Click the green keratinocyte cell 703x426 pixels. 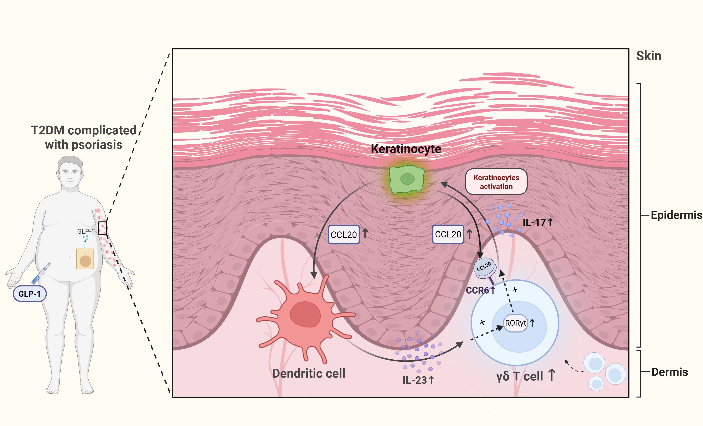click(407, 179)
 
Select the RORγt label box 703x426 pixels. click(515, 323)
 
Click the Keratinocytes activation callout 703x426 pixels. click(496, 182)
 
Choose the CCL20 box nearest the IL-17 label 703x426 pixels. click(448, 234)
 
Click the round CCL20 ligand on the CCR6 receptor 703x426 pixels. click(484, 267)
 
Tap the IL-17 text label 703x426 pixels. click(534, 222)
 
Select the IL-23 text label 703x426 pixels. click(415, 380)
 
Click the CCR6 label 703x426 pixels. click(477, 290)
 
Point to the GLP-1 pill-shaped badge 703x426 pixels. click(30, 294)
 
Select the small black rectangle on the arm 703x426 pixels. click(102, 228)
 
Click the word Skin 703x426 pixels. click(648, 56)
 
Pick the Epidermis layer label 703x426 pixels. click(676, 215)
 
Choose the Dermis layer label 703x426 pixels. click(670, 372)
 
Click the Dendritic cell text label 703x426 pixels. click(309, 373)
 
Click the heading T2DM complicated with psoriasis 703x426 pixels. click(84, 137)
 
